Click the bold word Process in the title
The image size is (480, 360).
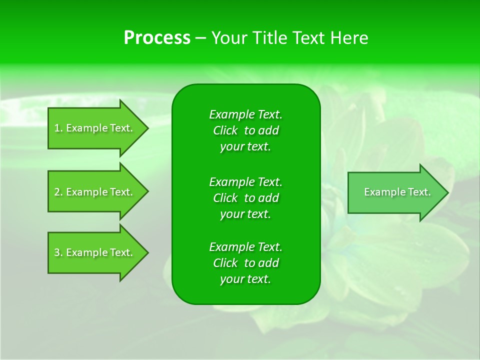point(157,38)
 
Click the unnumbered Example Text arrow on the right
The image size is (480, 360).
point(395,192)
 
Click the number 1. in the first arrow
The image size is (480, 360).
point(58,128)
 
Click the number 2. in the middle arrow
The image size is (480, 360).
point(58,192)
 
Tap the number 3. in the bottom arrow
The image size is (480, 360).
point(58,252)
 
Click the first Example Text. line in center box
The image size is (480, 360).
point(245,114)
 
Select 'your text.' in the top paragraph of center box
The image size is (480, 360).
point(245,147)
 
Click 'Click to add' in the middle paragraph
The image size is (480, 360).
point(245,198)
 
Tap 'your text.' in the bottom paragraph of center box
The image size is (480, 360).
point(245,279)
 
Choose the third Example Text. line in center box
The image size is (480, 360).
point(245,247)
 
